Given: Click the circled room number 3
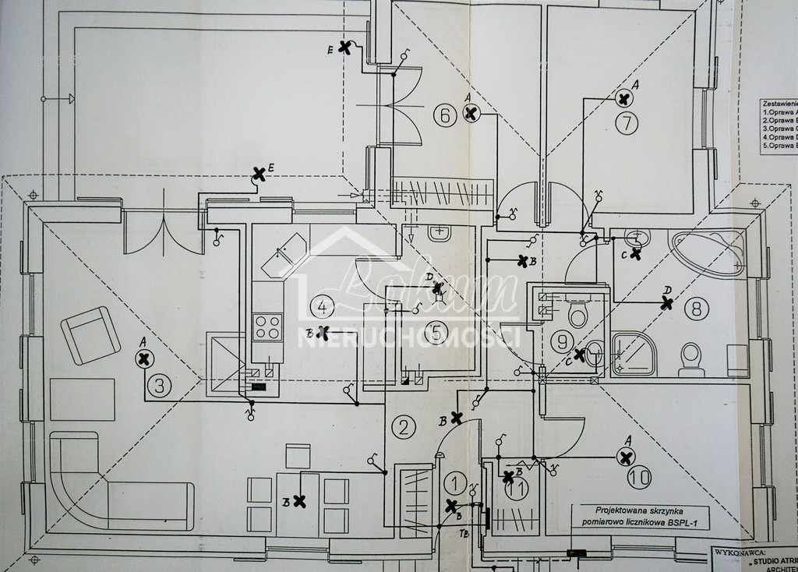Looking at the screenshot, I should (159, 385).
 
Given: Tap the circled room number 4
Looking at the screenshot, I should (321, 305).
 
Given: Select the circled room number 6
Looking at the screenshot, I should (445, 117).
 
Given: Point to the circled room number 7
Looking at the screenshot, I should (627, 122).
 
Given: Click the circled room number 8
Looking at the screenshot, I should (697, 309).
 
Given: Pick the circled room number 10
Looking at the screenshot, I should (641, 478).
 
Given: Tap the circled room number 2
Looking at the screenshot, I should (403, 426).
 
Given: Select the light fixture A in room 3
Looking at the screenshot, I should (143, 358).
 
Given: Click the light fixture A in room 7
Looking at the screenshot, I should (623, 97).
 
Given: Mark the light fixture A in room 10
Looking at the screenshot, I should (625, 457).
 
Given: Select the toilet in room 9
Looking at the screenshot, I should (577, 312).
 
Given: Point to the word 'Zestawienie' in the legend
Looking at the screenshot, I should (779, 103).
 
